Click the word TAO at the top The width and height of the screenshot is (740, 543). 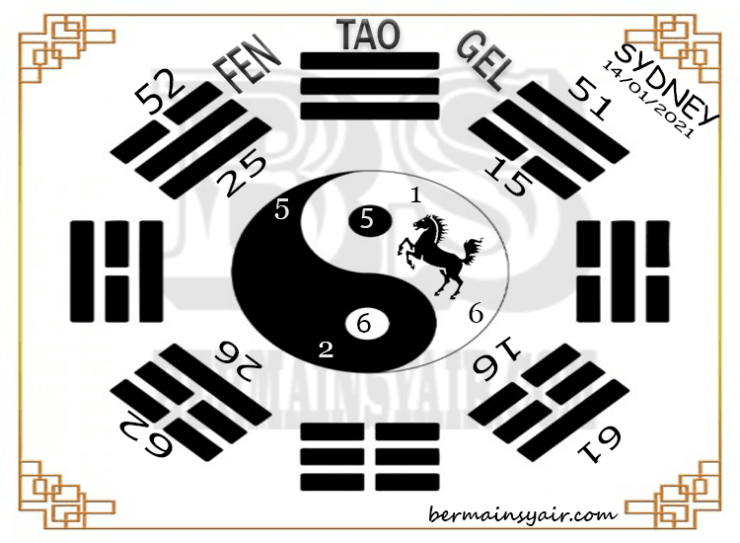[x=370, y=35]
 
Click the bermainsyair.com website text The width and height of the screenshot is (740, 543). [x=523, y=513]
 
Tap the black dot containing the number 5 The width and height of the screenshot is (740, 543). [x=367, y=220]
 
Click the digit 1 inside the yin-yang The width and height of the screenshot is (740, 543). [x=416, y=195]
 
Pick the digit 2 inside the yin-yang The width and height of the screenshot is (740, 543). [x=326, y=348]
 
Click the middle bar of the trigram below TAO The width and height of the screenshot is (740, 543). [x=370, y=84]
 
